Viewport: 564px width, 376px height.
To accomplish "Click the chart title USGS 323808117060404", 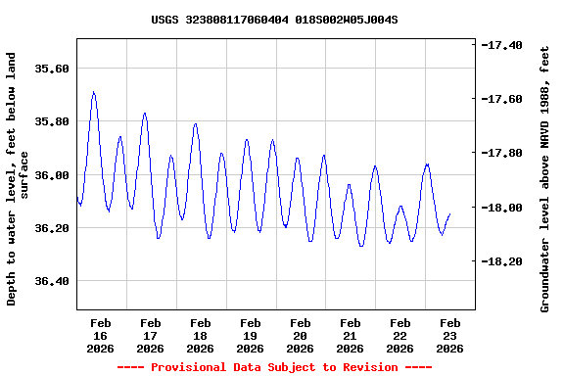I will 274,20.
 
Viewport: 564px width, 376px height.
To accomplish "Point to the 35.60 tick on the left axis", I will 52,69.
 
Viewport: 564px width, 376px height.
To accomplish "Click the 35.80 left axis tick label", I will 52,121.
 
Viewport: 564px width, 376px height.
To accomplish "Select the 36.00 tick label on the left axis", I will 52,174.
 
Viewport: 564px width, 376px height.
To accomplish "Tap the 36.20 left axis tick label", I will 52,227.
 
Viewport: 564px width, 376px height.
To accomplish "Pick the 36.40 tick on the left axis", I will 52,281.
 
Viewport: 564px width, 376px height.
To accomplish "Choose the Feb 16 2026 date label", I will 101,335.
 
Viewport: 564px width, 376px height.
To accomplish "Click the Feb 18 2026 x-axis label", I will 201,335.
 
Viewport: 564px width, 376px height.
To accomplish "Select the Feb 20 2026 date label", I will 301,335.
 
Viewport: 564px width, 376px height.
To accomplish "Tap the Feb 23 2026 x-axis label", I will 449,335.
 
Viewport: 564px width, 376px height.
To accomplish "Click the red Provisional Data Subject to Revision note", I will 274,367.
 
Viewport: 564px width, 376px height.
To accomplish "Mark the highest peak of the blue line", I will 93,92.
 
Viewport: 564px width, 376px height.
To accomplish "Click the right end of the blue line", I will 449,213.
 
